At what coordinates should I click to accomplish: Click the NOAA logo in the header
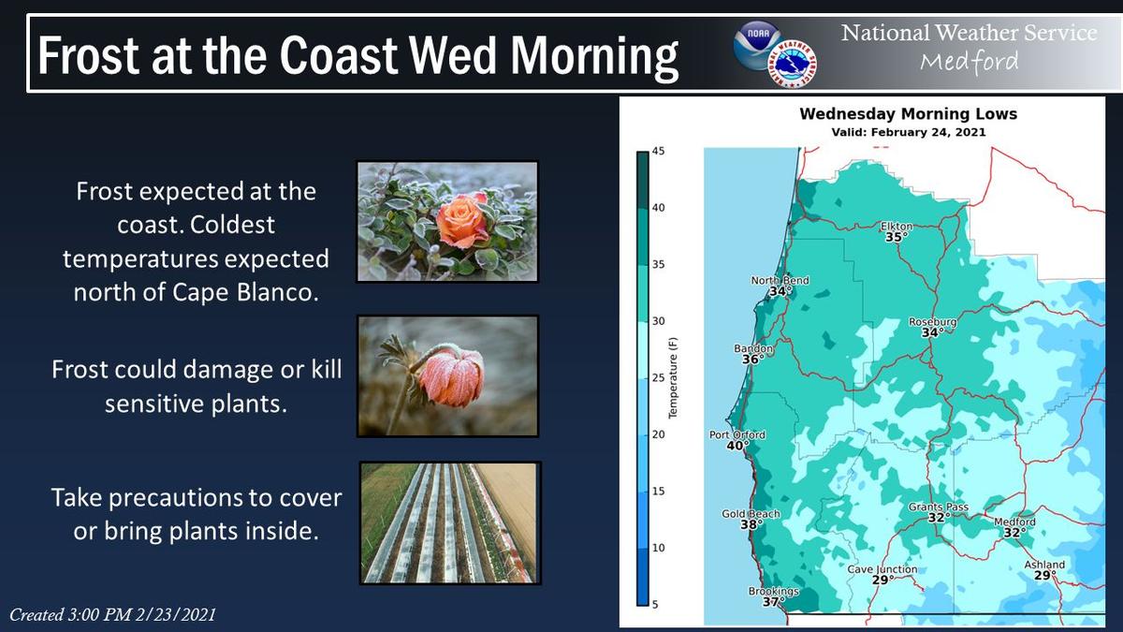click(757, 45)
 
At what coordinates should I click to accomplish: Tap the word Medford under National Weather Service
click(970, 62)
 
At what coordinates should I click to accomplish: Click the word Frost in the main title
click(88, 55)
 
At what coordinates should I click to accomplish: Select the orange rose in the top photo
click(462, 221)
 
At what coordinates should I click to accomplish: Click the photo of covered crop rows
click(450, 523)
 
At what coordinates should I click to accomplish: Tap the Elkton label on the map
click(897, 227)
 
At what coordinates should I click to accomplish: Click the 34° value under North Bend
click(780, 291)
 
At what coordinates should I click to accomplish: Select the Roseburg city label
click(932, 321)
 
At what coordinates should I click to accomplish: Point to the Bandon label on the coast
click(753, 348)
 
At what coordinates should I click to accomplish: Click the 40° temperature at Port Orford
click(738, 446)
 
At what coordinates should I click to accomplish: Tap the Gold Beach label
click(751, 514)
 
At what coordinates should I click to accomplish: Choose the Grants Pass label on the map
click(938, 507)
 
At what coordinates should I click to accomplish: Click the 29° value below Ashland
click(1044, 575)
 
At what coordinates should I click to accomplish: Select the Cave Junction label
click(882, 569)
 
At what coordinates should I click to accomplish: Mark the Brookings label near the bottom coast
click(774, 591)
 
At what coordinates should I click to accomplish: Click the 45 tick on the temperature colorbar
click(658, 151)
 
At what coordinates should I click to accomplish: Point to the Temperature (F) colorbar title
click(673, 378)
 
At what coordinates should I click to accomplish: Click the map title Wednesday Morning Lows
click(908, 114)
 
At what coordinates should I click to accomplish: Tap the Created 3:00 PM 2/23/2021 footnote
click(113, 614)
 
